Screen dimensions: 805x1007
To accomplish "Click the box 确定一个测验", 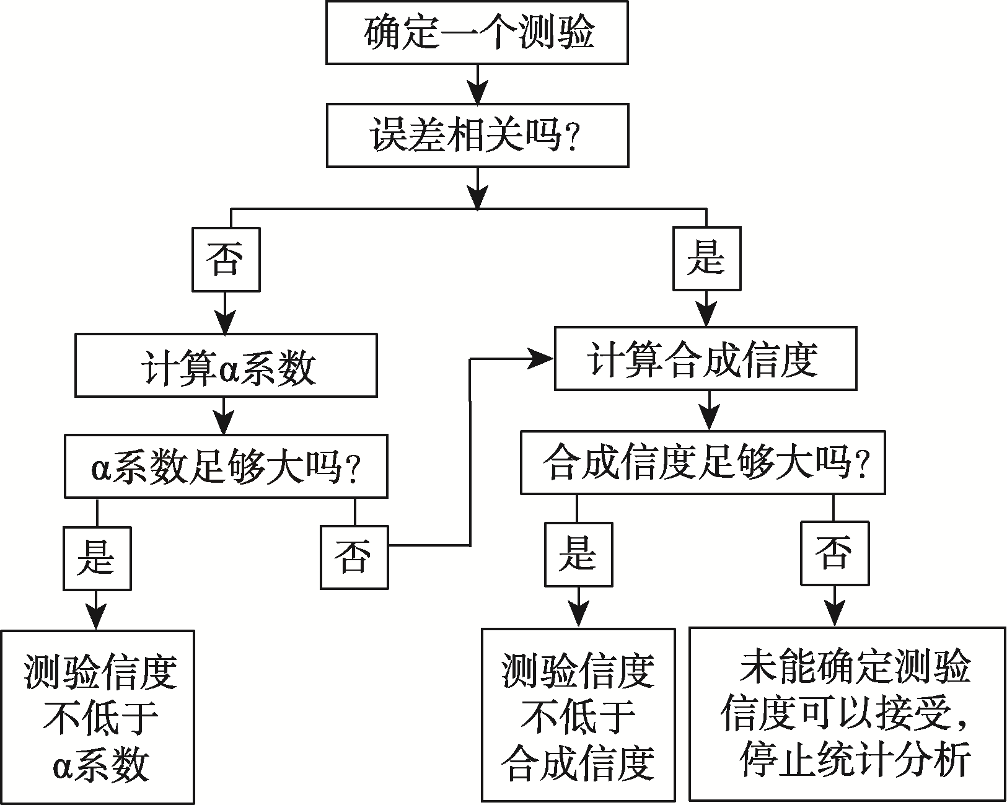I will pyautogui.click(x=477, y=32).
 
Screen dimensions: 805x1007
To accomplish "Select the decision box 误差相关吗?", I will pyautogui.click(x=477, y=136).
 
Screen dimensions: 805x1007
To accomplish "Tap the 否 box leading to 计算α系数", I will pyautogui.click(x=226, y=260).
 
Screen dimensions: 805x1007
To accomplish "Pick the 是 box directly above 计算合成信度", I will pyautogui.click(x=706, y=258).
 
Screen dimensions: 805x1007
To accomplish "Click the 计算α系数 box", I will pyautogui.click(x=226, y=366).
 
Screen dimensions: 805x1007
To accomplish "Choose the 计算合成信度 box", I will pyautogui.click(x=705, y=359).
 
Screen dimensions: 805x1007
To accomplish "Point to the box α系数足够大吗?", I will pyautogui.click(x=226, y=466).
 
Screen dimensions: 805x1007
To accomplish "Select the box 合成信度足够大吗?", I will pyautogui.click(x=703, y=462).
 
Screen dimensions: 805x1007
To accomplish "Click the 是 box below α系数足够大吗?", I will pyautogui.click(x=97, y=558).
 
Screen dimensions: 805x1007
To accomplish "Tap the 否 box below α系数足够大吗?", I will pyautogui.click(x=354, y=556).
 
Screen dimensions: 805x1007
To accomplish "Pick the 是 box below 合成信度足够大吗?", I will pyautogui.click(x=578, y=554).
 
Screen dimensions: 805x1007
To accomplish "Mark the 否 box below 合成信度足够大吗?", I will pyautogui.click(x=834, y=553).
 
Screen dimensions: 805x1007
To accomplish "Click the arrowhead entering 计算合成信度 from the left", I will pyautogui.click(x=542, y=359).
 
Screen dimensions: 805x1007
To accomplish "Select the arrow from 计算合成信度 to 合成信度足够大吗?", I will pyautogui.click(x=710, y=410).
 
